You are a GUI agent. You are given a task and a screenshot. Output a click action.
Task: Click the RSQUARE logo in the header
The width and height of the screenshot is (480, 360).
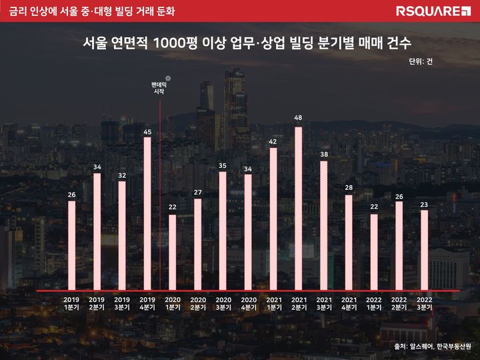point(434,11)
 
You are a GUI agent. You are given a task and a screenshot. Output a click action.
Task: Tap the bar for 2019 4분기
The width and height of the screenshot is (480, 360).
point(147,214)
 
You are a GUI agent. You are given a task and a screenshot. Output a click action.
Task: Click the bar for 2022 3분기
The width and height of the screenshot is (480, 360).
point(424,251)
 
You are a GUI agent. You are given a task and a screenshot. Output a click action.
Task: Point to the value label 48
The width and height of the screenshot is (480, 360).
point(298,118)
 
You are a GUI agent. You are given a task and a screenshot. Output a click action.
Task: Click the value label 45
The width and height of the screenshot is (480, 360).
point(147,132)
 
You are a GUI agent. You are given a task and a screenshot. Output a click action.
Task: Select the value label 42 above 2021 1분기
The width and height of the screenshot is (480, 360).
point(273,141)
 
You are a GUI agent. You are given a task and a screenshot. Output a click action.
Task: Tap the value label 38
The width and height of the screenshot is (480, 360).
point(323,154)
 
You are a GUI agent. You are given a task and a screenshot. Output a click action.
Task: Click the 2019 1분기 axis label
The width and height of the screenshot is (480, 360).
point(72,303)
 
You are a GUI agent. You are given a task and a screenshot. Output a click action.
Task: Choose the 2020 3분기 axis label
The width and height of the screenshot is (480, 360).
point(223,303)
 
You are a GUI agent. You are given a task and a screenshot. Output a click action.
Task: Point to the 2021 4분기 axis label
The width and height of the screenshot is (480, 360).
point(349,303)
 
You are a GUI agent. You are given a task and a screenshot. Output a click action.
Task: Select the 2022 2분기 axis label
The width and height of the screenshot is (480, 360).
point(399,303)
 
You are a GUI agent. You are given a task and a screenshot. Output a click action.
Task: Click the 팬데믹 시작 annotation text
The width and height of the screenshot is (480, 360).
point(159,88)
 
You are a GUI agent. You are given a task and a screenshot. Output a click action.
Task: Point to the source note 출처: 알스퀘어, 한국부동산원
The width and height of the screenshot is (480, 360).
point(433,346)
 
